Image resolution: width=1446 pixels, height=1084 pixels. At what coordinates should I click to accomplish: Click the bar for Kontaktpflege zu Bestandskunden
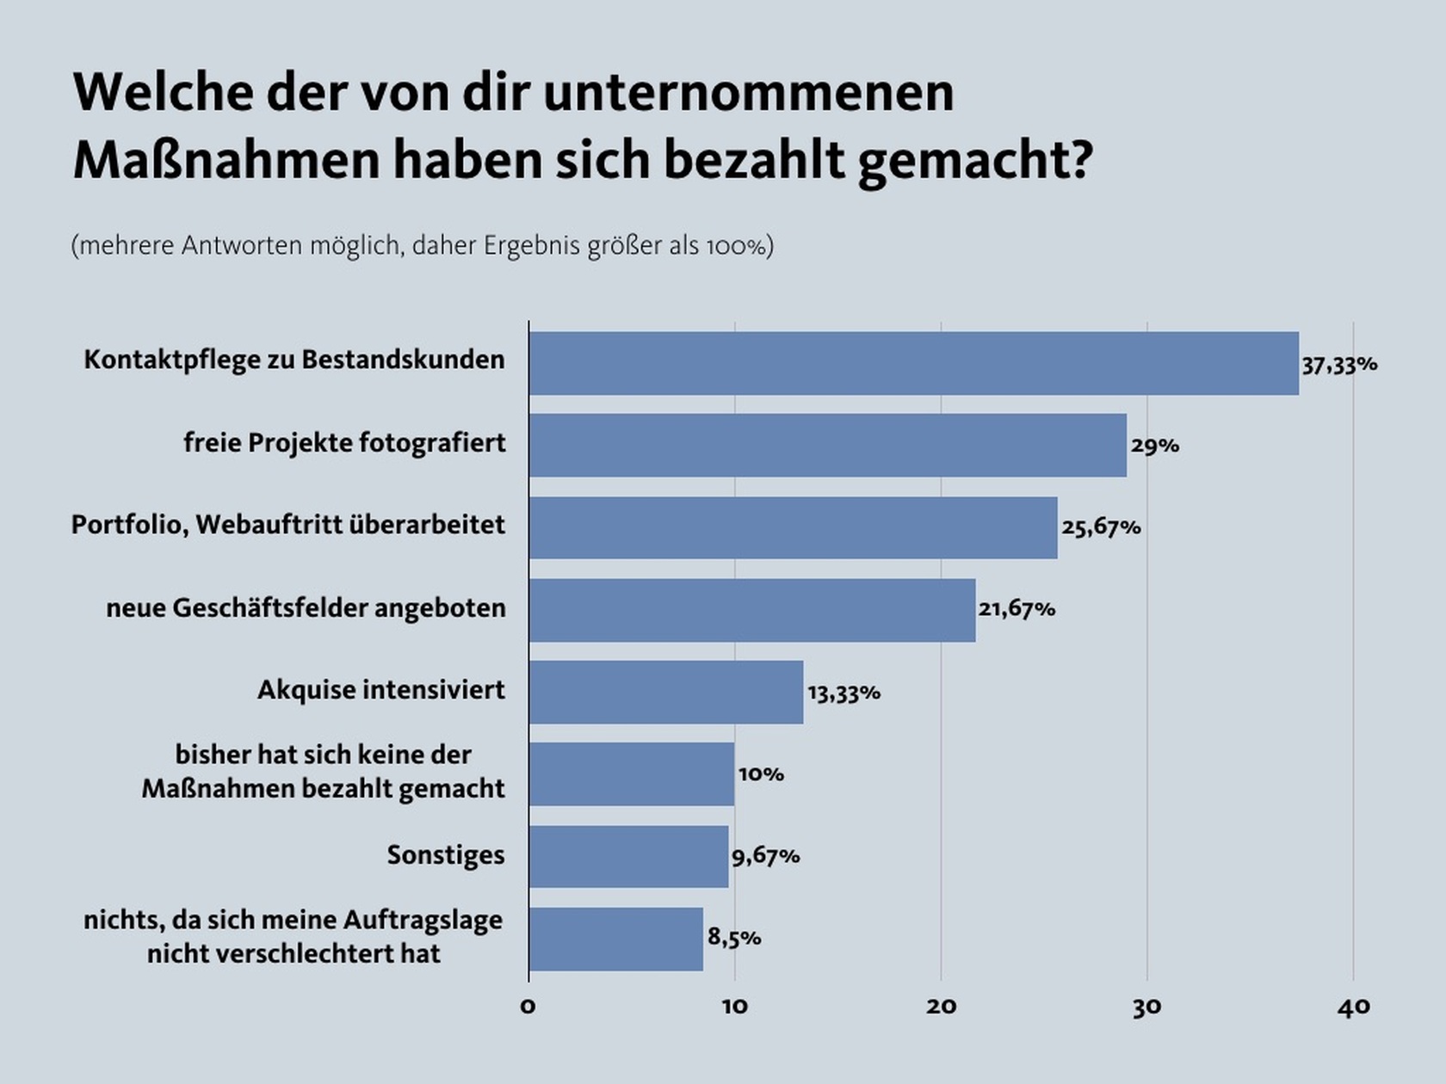914,363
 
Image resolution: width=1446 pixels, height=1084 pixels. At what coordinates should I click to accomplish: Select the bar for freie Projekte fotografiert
827,445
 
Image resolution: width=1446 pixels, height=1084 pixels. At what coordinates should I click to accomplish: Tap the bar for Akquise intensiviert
666,692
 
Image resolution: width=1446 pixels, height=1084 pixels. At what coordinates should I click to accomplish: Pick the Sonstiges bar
628,856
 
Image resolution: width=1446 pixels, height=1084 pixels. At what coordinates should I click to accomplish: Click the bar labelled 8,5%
616,939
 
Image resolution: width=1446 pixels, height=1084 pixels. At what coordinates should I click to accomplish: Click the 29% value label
1155,447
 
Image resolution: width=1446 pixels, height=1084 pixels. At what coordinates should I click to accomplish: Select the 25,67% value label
1101,528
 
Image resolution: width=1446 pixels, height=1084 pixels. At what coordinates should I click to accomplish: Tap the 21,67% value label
1017,609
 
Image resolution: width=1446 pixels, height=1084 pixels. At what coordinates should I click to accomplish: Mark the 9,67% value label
765,857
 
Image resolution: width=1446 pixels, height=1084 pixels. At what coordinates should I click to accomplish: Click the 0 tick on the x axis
528,1007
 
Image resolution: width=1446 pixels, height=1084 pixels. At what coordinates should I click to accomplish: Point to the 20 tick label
941,1007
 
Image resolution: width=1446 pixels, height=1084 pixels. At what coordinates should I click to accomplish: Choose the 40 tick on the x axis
1353,1007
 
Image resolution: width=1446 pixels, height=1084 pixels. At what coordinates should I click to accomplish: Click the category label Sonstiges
446,855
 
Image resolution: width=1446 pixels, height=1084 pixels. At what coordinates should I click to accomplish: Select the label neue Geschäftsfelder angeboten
306,608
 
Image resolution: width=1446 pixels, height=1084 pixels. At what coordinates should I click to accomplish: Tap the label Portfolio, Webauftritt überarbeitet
288,525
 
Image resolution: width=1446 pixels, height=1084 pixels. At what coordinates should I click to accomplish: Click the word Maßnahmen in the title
226,160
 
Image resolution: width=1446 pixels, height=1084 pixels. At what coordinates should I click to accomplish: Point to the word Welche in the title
164,92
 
